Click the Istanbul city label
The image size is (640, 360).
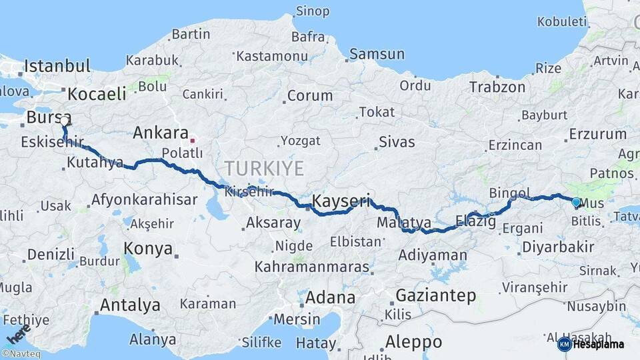click(57, 66)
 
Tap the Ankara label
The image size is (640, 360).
click(161, 132)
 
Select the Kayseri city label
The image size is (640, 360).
click(341, 201)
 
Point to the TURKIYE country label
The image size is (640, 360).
click(264, 167)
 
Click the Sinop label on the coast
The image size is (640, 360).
click(312, 11)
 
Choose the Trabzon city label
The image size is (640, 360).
click(497, 87)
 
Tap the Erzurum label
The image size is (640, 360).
click(597, 134)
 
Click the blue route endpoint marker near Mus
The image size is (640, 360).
click(576, 201)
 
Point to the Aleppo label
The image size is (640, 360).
click(413, 342)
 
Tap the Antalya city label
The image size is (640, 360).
click(130, 305)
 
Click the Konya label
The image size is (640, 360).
click(148, 249)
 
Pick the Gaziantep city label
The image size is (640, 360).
click(436, 295)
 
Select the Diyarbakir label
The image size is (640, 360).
click(557, 247)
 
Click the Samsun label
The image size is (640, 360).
click(377, 54)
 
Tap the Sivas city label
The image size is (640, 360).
click(397, 141)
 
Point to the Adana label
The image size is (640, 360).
click(330, 297)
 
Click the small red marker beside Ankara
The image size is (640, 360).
click(193, 141)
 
